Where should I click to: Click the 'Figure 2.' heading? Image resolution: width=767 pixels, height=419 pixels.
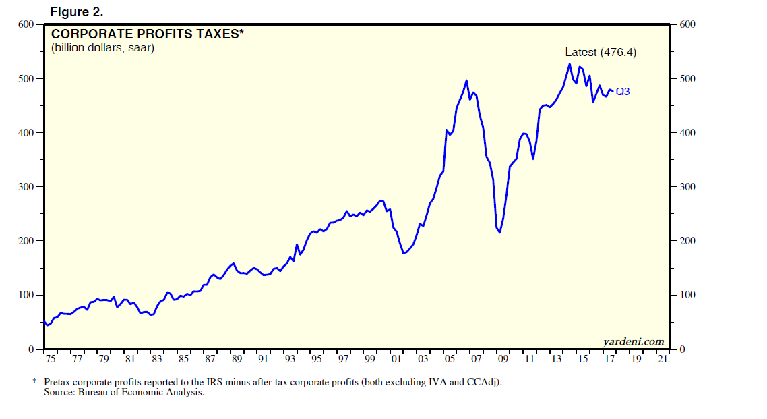click(76, 12)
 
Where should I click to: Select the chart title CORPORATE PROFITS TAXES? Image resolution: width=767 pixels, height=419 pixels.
click(145, 34)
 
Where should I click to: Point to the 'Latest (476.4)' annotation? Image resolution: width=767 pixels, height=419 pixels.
click(601, 52)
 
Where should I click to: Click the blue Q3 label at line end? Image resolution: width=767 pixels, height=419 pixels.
click(623, 92)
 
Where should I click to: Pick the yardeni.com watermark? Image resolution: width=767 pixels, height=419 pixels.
click(633, 341)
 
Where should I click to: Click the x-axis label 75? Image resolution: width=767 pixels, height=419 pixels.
click(51, 360)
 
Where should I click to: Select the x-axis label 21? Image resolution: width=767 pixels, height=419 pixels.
click(662, 360)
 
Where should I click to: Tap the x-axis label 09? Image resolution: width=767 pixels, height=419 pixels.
click(503, 360)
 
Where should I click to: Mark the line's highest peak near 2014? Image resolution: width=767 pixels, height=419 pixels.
click(570, 64)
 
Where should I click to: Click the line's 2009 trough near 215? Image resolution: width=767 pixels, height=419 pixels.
click(499, 233)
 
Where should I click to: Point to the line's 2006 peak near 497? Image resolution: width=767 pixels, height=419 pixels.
click(466, 80)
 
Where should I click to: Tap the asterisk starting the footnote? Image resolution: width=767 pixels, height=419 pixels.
click(34, 381)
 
